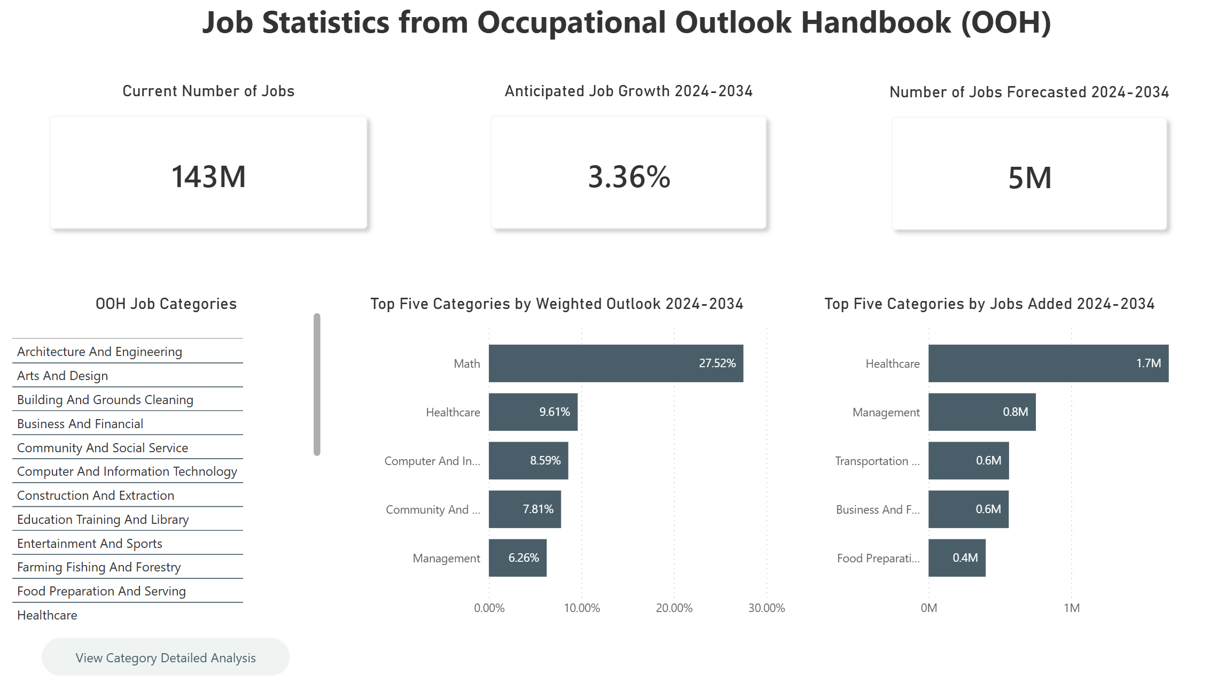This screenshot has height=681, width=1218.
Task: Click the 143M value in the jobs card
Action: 208,177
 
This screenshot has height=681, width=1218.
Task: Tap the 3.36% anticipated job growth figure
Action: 629,177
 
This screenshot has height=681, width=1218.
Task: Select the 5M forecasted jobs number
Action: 1029,178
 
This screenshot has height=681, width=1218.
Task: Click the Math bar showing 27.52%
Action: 615,363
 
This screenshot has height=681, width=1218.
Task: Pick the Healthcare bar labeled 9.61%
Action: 533,412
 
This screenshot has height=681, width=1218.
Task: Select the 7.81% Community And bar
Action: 525,509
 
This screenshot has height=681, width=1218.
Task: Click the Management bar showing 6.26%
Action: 517,558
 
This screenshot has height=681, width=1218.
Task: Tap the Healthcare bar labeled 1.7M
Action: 1048,363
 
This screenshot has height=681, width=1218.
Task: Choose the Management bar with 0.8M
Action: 981,412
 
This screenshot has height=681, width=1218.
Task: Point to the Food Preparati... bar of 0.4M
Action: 956,558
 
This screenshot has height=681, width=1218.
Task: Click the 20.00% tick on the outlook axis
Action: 674,608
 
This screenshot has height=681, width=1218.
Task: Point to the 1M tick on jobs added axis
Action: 1071,608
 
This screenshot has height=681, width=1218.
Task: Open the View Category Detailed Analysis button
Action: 166,657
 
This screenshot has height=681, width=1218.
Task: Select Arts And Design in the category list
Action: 63,376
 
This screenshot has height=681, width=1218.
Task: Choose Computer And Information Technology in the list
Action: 127,471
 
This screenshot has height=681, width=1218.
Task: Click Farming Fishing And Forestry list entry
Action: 99,567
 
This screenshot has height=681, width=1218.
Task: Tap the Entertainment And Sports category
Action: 90,544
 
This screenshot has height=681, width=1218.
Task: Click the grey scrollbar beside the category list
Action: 317,385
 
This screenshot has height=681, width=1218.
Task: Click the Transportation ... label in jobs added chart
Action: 877,461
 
